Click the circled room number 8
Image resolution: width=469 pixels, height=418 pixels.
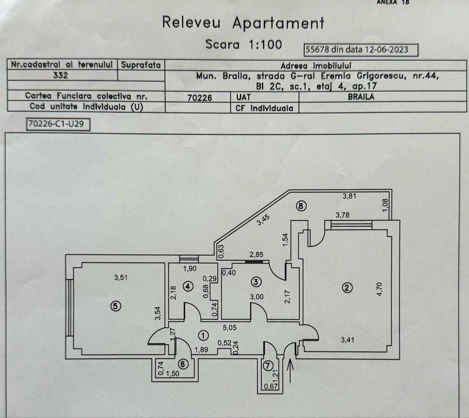(x=301, y=205)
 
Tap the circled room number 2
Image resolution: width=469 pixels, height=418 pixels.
(x=347, y=288)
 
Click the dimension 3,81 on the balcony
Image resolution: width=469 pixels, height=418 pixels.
(x=350, y=197)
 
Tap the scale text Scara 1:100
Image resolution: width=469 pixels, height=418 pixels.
(x=243, y=45)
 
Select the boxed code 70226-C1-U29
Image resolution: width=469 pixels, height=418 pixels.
(x=58, y=124)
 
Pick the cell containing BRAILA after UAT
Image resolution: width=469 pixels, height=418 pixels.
(x=383, y=97)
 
